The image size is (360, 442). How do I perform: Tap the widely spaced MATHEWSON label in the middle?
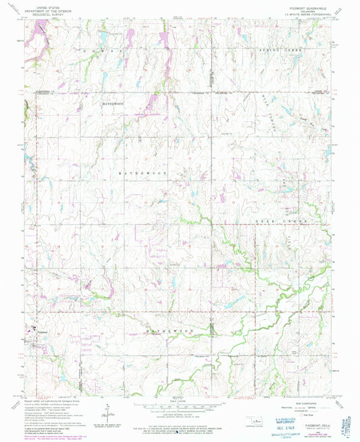point(152,174)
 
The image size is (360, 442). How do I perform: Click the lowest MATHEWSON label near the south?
point(170,330)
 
